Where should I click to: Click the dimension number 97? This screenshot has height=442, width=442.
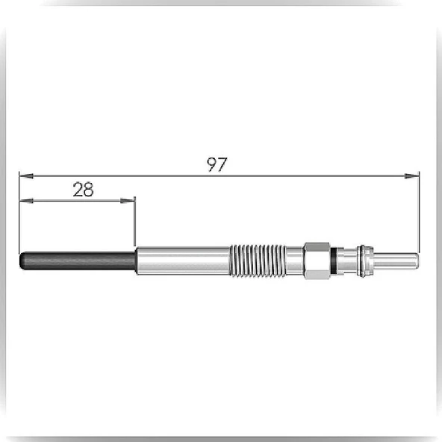coord(217,164)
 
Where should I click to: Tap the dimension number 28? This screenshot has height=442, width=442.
coord(83,190)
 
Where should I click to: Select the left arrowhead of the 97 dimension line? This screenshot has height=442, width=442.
coord(26,176)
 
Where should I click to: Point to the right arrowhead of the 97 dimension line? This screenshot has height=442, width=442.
coord(412,176)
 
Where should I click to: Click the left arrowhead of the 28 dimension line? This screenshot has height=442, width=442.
coord(26,201)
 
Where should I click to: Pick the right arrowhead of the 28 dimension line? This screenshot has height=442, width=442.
coord(128,201)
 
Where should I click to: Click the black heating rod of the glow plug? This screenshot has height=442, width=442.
coord(78,261)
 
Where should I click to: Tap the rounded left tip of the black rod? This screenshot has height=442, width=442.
coord(21,261)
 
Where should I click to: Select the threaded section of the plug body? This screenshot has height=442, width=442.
coord(257,260)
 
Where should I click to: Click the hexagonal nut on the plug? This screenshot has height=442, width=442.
coord(317,261)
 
